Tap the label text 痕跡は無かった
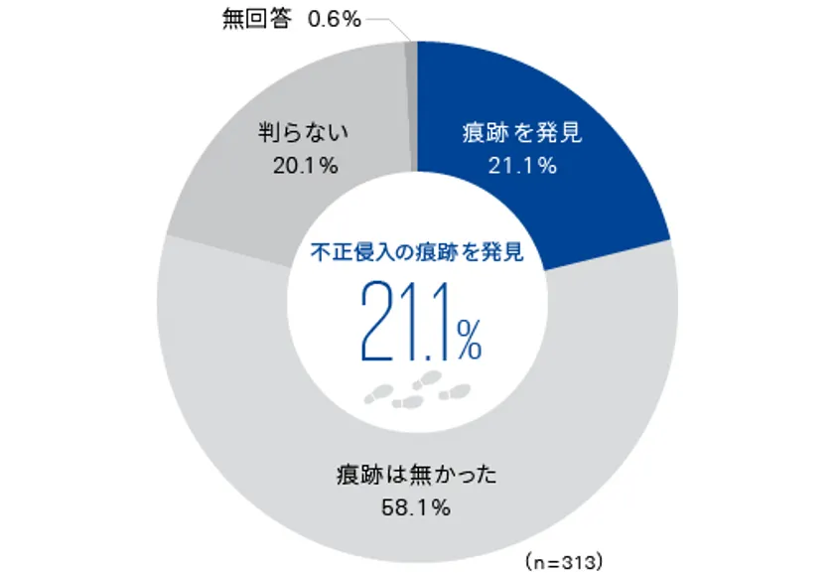(x=416, y=475)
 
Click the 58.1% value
(x=416, y=507)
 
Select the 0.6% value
(x=334, y=19)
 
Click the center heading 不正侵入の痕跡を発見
(x=417, y=252)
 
